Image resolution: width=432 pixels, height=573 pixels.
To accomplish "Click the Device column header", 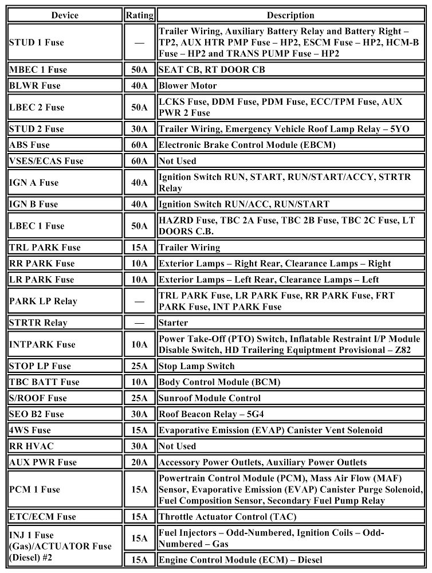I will [x=65, y=15].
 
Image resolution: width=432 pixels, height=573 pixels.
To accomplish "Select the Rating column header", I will [x=139, y=15].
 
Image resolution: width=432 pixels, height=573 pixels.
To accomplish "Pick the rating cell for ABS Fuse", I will [x=139, y=145].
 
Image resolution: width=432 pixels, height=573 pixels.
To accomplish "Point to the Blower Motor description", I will [x=188, y=86].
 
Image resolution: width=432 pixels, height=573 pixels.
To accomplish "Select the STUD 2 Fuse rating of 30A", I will [x=139, y=129].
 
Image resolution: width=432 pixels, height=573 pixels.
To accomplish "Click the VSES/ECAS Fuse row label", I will [x=46, y=161].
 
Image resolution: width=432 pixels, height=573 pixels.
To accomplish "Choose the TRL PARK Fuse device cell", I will [x=45, y=248].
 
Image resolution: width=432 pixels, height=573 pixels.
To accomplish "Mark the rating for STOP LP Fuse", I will [x=139, y=366].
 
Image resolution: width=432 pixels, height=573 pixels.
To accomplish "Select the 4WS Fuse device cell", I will [x=30, y=430].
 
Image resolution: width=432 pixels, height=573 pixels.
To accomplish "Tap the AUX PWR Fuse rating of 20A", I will [x=139, y=462].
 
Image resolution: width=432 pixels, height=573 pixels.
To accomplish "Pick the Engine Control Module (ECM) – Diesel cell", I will [x=241, y=560].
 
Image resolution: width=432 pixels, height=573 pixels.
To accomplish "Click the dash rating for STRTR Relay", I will [x=139, y=323].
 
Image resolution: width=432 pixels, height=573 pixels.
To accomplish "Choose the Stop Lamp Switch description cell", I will [x=197, y=366].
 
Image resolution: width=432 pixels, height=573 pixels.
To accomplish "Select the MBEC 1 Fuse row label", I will [x=38, y=70].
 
